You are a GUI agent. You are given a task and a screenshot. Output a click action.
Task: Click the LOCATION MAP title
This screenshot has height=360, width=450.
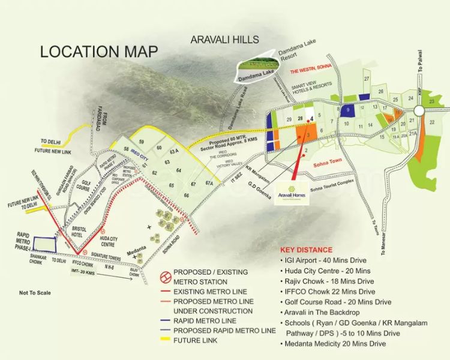(99, 52)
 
